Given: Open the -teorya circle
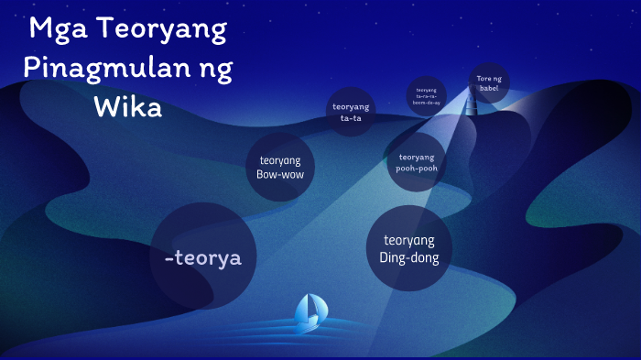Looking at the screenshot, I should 202,257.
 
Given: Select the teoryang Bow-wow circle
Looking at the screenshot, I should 280,167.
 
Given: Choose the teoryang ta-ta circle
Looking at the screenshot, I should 351,112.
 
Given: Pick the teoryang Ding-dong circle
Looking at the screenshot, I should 409,248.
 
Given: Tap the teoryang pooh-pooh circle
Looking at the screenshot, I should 417,162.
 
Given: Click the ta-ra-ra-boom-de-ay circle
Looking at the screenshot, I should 427,96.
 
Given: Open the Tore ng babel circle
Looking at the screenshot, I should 489,83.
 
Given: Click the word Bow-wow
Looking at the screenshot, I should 280,174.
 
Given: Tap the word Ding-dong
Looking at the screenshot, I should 409,257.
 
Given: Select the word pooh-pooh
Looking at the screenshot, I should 417,169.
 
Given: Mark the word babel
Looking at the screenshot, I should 489,89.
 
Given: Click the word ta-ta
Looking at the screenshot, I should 351,117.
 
